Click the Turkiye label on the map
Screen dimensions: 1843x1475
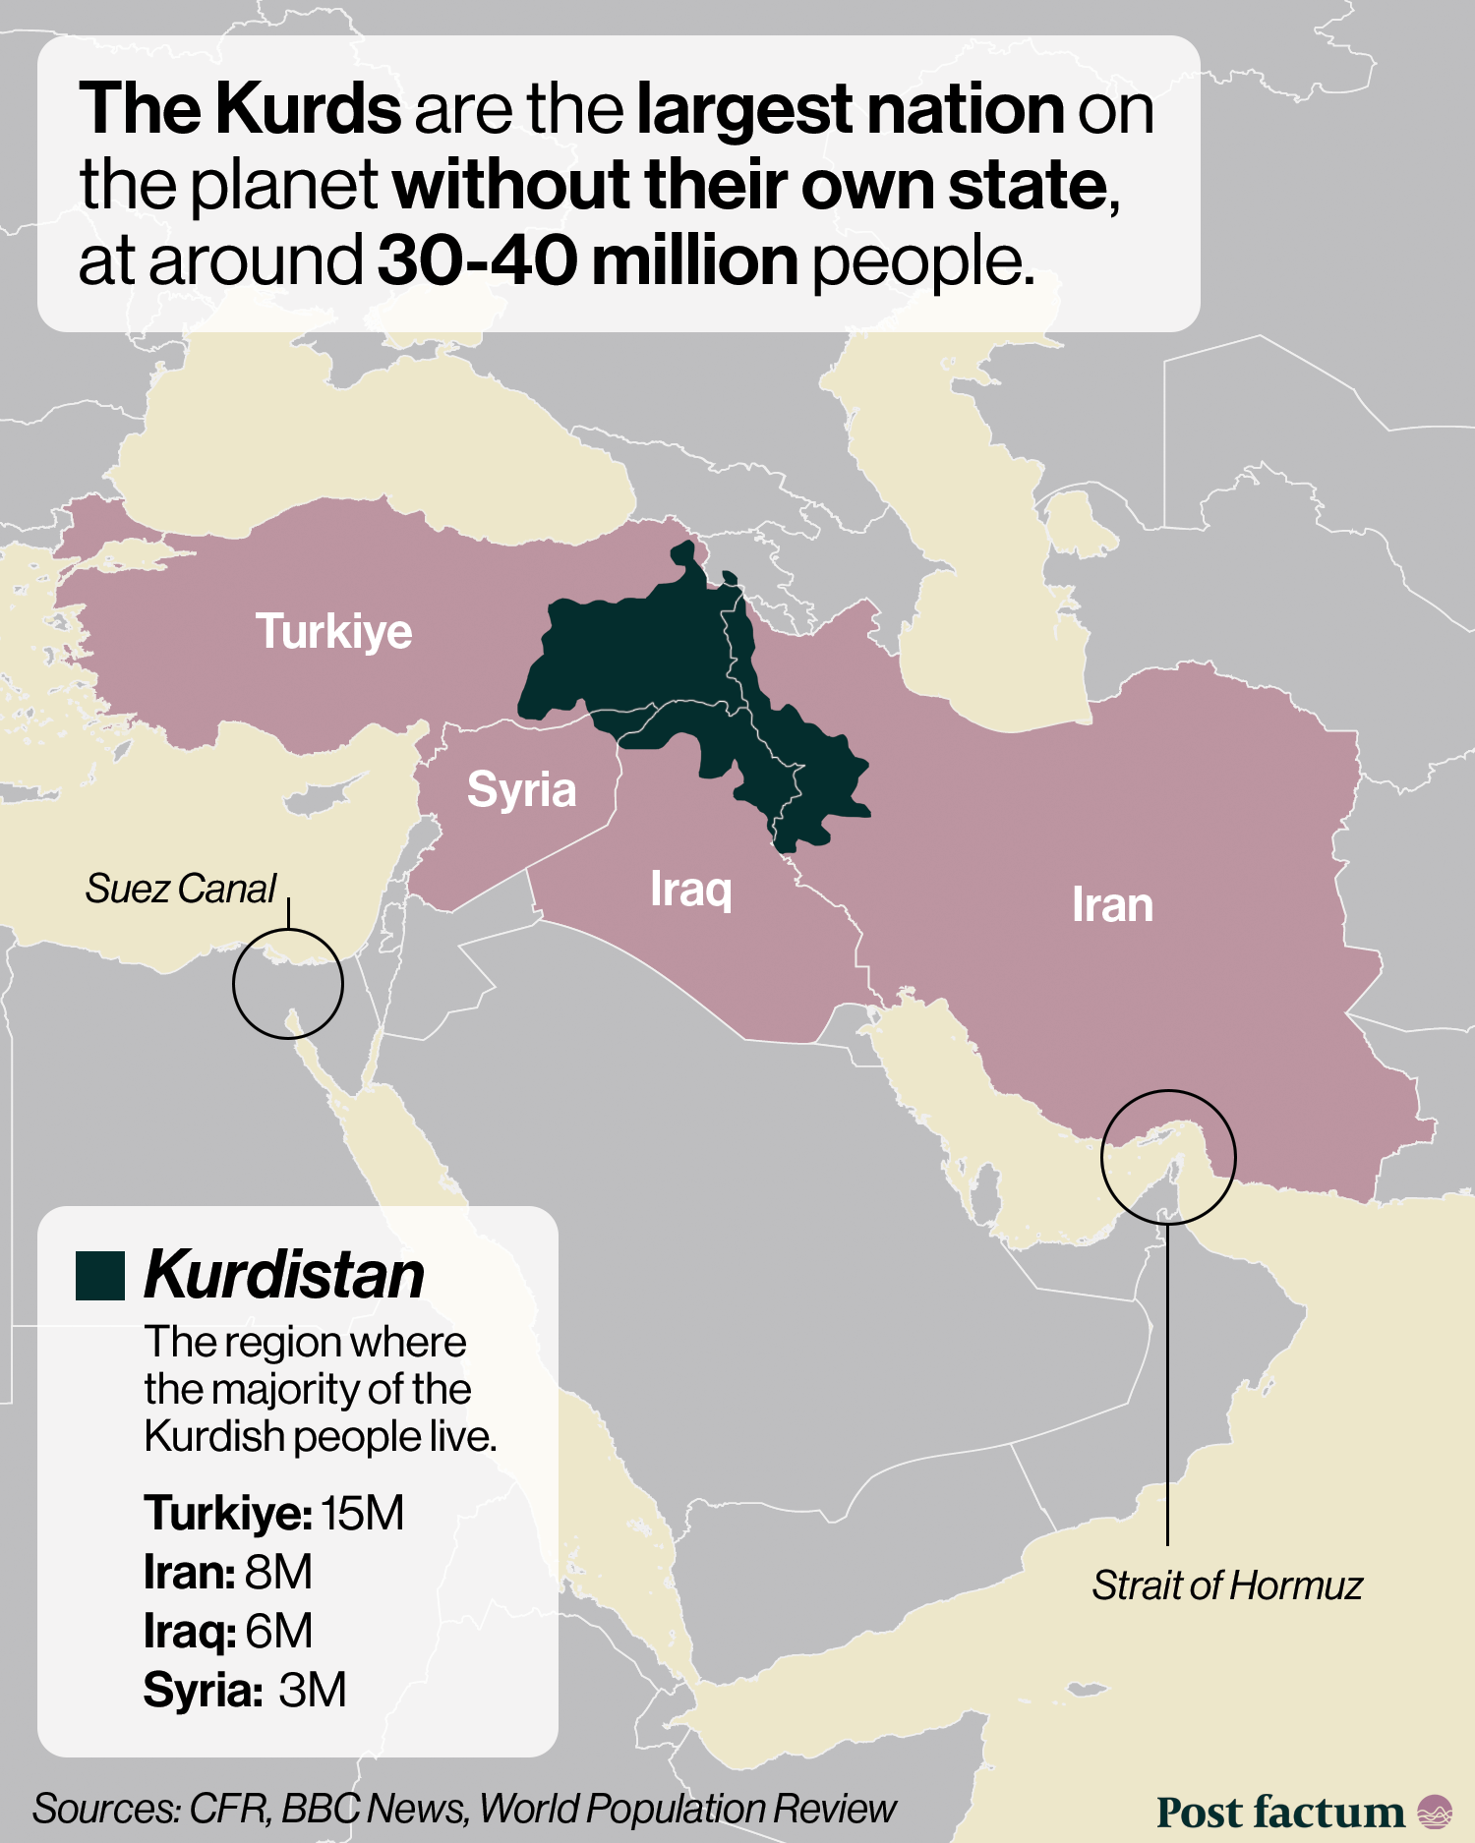[x=333, y=631]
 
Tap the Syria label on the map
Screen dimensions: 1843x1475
[x=521, y=790]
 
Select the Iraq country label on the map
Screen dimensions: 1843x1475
[x=690, y=890]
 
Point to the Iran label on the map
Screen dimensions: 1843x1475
[x=1112, y=904]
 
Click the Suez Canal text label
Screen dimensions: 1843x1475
[x=180, y=889]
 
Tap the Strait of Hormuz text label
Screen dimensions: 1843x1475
[x=1226, y=1585]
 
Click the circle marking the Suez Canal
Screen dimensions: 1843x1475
[x=287, y=983]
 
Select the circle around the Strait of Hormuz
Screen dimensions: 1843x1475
[x=1168, y=1157]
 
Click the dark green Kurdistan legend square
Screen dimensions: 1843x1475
[x=100, y=1276]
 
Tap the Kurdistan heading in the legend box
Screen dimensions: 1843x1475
[x=284, y=1276]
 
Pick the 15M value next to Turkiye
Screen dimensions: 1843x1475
[x=362, y=1513]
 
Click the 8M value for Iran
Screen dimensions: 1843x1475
[x=278, y=1572]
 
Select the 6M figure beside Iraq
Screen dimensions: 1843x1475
[x=278, y=1631]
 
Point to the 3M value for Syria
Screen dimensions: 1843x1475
[x=312, y=1690]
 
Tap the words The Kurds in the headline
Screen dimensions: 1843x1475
[x=240, y=108]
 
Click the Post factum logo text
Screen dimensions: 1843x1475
[x=1280, y=1812]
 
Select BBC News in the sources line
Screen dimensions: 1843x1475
[x=375, y=1809]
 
